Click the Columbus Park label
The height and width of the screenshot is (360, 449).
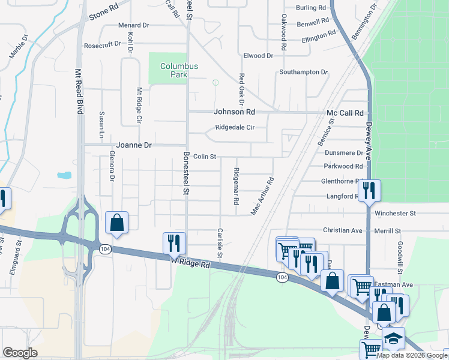tap(174, 70)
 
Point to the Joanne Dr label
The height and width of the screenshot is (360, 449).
tap(134, 145)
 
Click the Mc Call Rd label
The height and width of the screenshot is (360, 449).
tap(345, 113)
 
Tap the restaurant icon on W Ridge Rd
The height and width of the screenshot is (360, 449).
tap(175, 243)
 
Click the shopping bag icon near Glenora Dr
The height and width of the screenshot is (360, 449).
tap(116, 223)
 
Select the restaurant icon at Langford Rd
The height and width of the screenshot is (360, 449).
tap(369, 191)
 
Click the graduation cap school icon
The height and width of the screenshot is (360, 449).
tap(393, 338)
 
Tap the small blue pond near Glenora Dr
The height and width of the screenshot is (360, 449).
tap(64, 176)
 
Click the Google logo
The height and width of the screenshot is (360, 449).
tap(20, 353)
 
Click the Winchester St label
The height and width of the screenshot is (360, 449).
tap(395, 214)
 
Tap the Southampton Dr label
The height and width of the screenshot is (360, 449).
tap(303, 72)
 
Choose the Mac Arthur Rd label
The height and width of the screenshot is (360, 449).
tap(262, 196)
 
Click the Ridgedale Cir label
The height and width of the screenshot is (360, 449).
tap(235, 128)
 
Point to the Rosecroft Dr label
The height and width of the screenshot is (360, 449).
tap(102, 45)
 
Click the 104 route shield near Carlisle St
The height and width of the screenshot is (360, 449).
tap(282, 277)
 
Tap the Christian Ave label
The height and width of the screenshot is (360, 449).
tap(343, 230)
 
